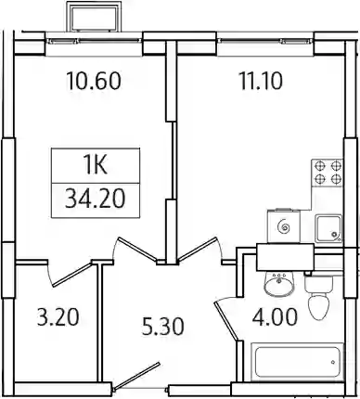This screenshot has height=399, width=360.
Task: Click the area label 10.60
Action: pyautogui.click(x=94, y=81)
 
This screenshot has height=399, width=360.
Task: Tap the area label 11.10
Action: pyautogui.click(x=262, y=81)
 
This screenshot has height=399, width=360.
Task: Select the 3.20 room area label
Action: pyautogui.click(x=58, y=317)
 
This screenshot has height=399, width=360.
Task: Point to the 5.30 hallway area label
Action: pyautogui.click(x=163, y=327)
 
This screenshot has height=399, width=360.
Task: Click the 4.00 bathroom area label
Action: pyautogui.click(x=275, y=317)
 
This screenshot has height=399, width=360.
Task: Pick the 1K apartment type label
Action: pyautogui.click(x=96, y=166)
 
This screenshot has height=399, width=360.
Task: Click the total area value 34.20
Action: pyautogui.click(x=96, y=199)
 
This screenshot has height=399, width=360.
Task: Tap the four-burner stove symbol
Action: pyautogui.click(x=328, y=173)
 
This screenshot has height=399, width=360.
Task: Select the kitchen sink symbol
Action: pyautogui.click(x=328, y=228)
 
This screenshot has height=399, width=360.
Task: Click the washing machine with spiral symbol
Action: pyautogui.click(x=284, y=225)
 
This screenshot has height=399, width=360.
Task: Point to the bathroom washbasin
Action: pyautogui.click(x=279, y=283)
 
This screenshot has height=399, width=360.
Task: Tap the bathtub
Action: pyautogui.click(x=298, y=362)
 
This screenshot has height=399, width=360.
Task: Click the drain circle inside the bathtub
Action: pyautogui.click(x=333, y=362)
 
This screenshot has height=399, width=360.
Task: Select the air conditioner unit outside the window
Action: pyautogui.click(x=94, y=17)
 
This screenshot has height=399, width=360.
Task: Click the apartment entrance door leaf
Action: pyautogui.click(x=137, y=376)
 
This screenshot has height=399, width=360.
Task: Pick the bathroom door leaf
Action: pyautogui.click(x=226, y=322)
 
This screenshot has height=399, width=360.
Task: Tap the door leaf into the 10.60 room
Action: pyautogui.click(x=137, y=250)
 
